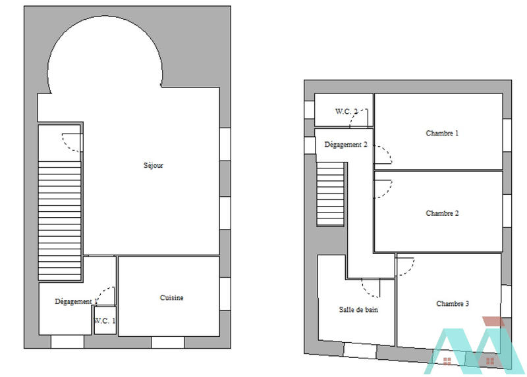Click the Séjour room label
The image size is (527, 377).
(x=153, y=166)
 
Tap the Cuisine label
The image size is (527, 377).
(x=172, y=298)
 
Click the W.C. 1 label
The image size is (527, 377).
(x=104, y=321)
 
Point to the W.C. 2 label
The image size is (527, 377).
(x=346, y=111)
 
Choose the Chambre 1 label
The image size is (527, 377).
(x=442, y=134)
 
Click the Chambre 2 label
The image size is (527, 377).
(x=442, y=213)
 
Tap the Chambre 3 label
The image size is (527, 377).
(x=453, y=304)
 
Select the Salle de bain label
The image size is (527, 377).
(x=358, y=309)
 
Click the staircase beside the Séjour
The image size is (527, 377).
(x=59, y=211)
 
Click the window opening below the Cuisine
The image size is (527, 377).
(x=167, y=342)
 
